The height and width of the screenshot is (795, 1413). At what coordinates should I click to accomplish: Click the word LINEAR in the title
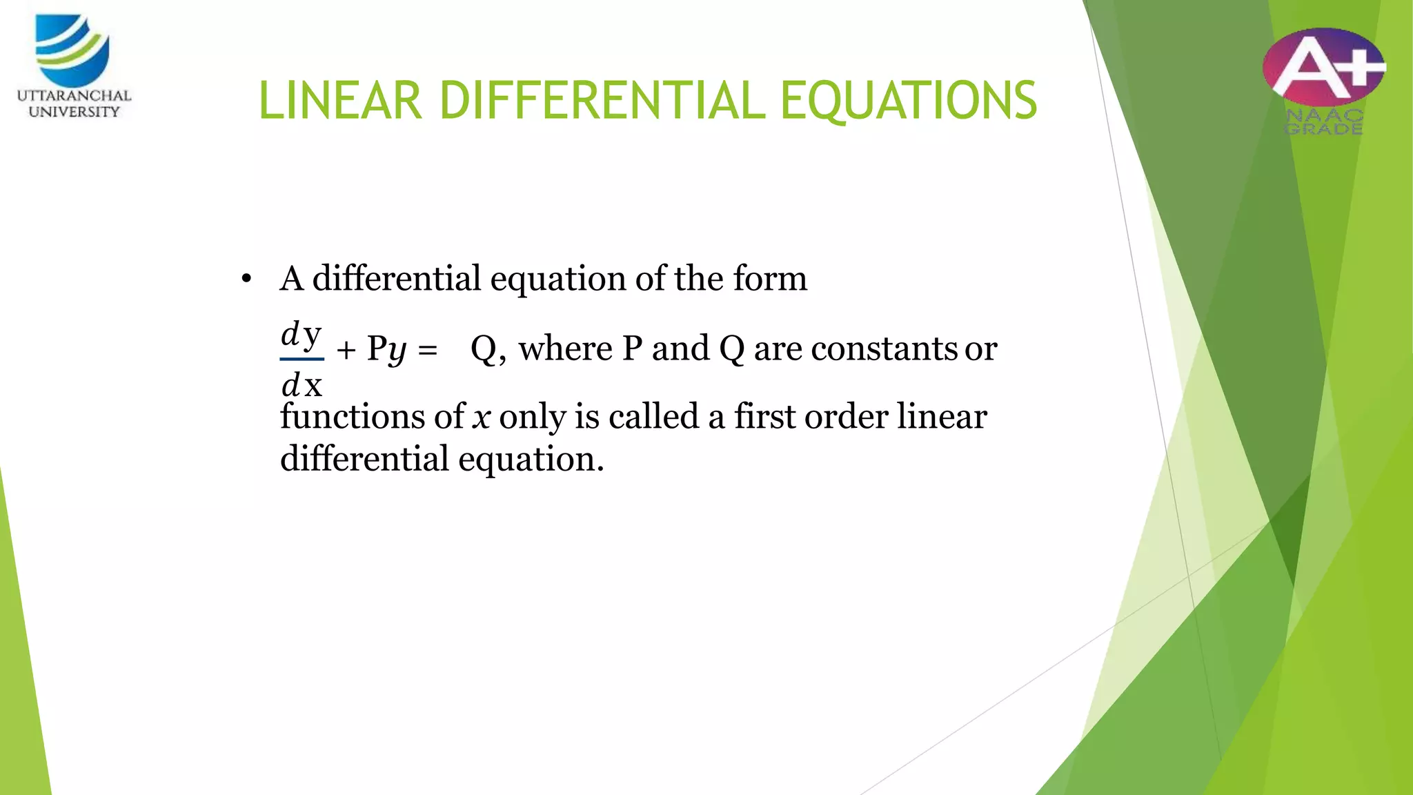[339, 101]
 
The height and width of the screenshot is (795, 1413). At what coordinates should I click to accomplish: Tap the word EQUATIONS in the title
[908, 101]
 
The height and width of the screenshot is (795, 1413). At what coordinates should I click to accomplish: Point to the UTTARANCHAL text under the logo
[74, 95]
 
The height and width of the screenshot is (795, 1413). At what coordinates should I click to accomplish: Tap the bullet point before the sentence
[246, 279]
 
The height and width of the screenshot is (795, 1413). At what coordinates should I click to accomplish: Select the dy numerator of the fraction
[302, 335]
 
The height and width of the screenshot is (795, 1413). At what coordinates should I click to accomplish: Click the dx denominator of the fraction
[302, 385]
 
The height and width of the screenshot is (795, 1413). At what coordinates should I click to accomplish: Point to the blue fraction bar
[302, 359]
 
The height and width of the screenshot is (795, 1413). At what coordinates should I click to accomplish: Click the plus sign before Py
[346, 350]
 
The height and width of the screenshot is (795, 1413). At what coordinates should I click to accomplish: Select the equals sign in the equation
[428, 350]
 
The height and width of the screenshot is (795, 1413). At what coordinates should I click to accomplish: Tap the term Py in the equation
[386, 349]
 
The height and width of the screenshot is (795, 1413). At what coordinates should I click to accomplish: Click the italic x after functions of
[481, 418]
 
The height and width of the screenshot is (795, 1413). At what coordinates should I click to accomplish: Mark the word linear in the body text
[942, 416]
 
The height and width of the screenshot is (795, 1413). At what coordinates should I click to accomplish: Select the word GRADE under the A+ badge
[1324, 129]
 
